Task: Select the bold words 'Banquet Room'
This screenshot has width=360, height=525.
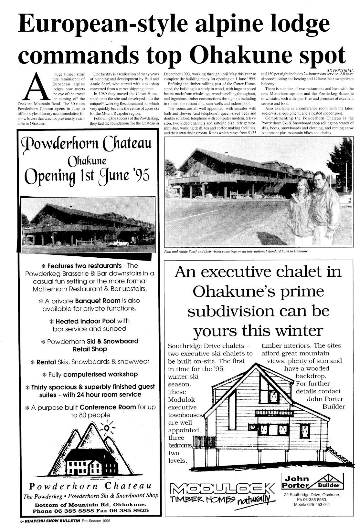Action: tap(93, 301)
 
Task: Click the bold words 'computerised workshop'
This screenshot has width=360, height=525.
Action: tap(101, 374)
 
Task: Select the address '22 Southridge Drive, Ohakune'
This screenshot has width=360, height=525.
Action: tap(312, 495)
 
